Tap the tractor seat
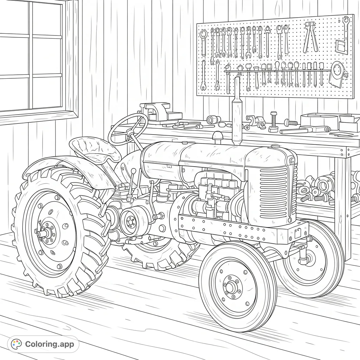(x=95, y=149)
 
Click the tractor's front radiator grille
(x=274, y=192)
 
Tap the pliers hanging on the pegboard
(x=310, y=37)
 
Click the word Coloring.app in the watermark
(x=50, y=344)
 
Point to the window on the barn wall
(x=33, y=58)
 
